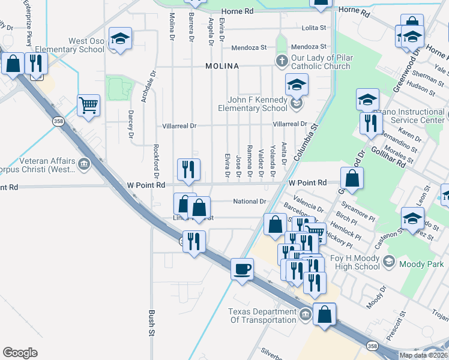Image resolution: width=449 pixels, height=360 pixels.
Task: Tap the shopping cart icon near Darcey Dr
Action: click(88, 106)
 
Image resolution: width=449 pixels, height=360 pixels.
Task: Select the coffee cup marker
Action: click(242, 269)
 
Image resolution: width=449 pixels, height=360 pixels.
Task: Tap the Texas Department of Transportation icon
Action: click(305, 314)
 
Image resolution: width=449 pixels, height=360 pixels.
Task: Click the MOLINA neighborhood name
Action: click(222, 66)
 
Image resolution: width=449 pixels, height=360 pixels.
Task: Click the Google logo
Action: click(20, 353)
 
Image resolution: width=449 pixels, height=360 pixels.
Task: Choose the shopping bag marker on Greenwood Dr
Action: click(352, 178)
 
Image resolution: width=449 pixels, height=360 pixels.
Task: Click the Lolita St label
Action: click(313, 28)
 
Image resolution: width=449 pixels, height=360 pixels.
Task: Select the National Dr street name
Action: click(249, 202)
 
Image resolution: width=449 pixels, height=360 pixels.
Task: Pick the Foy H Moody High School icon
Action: click(389, 261)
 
